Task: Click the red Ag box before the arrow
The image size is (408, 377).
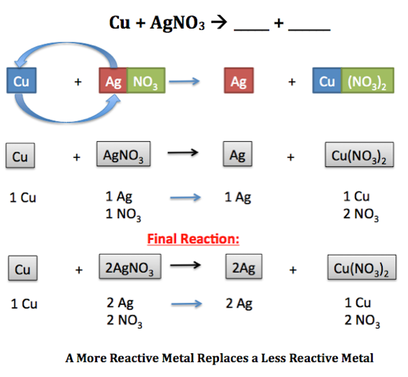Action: click(113, 82)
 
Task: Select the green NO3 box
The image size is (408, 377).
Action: click(146, 82)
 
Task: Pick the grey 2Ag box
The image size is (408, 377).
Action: click(243, 268)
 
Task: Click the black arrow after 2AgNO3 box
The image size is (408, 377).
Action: click(185, 267)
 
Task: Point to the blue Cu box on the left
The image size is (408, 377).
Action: click(22, 82)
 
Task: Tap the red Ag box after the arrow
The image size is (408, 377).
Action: click(238, 82)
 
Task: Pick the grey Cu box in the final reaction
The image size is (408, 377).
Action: click(22, 269)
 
